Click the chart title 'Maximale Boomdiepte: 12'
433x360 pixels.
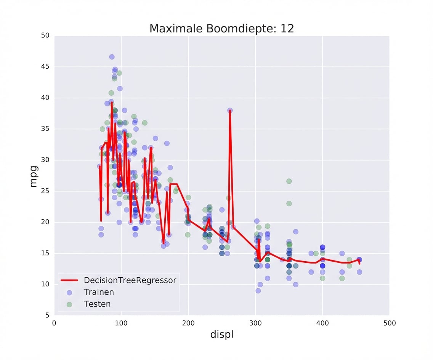coord(221,29)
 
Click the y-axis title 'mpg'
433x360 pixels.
coord(34,176)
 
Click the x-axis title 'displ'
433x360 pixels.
coord(221,335)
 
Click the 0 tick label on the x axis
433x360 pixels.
coord(54,323)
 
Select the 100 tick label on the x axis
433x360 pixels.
coord(121,323)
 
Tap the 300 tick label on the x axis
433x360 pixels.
coord(255,323)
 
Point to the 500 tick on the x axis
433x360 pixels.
coord(389,323)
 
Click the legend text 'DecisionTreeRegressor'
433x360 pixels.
coord(130,280)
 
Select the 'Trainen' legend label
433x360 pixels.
coord(99,292)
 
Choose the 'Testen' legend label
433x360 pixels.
coord(97,304)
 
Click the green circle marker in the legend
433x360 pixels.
coord(69,304)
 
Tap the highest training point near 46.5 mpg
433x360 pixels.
coord(112,57)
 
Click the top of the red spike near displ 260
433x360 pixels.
coord(230,111)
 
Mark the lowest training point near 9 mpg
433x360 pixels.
coord(258,291)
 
